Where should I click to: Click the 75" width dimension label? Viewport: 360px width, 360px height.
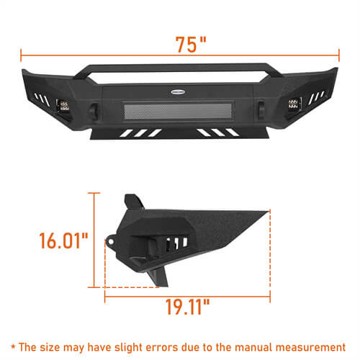click(191, 45)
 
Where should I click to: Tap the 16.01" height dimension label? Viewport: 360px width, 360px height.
click(63, 240)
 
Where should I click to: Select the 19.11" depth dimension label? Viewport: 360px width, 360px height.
click(187, 307)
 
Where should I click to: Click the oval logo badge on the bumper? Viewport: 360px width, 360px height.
click(178, 91)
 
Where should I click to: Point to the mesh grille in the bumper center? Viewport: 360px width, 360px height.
click(178, 111)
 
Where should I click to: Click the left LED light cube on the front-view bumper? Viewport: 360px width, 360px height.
click(64, 106)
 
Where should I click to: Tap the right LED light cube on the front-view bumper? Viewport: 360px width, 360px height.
click(293, 103)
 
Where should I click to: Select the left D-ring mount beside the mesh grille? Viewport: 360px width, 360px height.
click(93, 110)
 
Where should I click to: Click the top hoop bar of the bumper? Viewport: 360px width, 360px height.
click(178, 68)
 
